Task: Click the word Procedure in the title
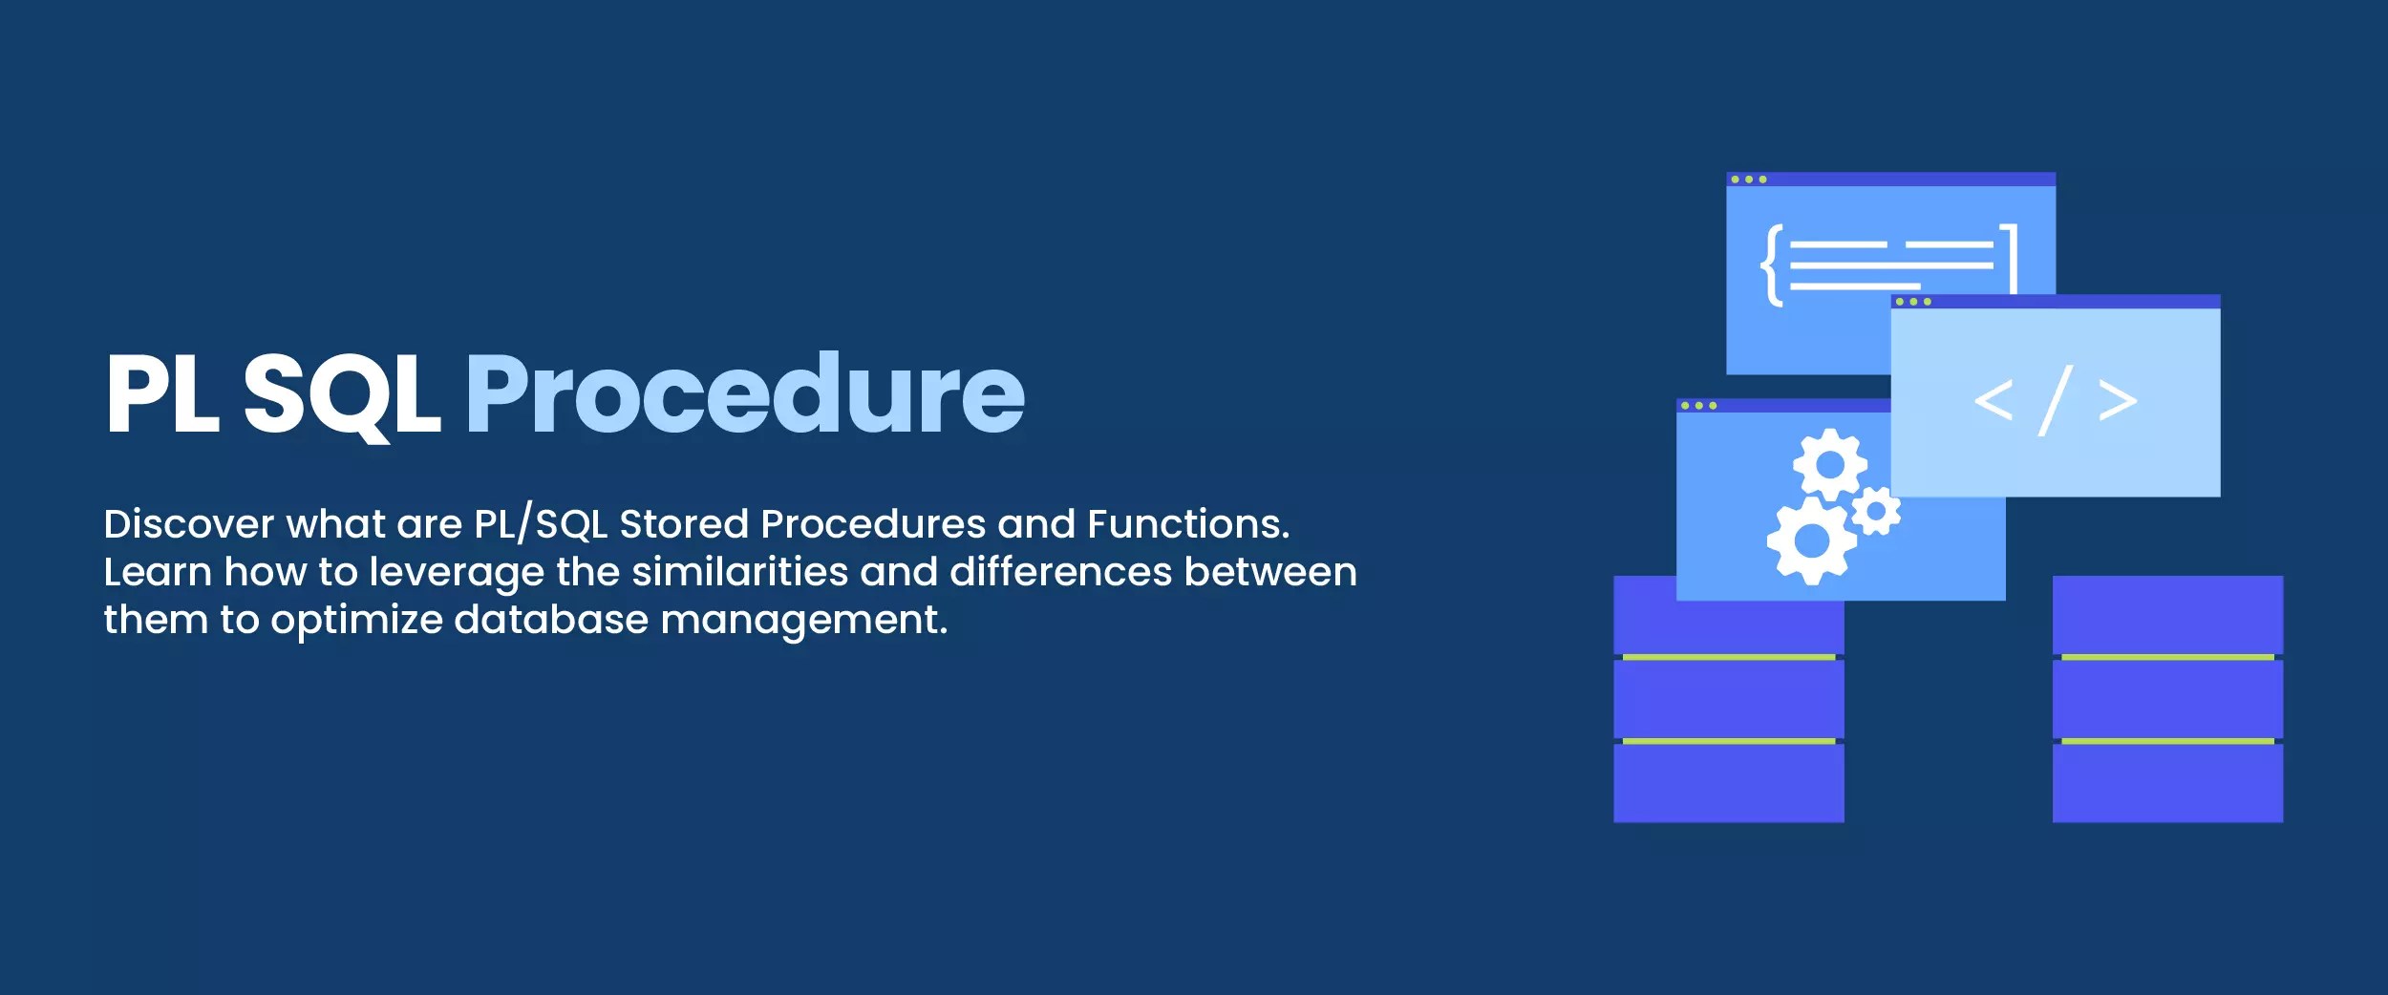click(x=744, y=394)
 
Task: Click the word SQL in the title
click(x=341, y=394)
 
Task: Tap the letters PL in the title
click(x=162, y=394)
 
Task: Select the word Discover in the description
click(x=188, y=524)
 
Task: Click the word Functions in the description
click(x=1187, y=524)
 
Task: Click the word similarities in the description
click(x=739, y=572)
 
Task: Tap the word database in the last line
click(x=550, y=620)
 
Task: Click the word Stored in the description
click(x=684, y=524)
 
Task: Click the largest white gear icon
click(x=1811, y=541)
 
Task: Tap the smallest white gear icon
click(x=1876, y=513)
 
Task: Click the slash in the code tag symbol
click(x=2055, y=400)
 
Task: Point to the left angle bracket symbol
click(x=1994, y=400)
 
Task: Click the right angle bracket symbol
click(x=2118, y=401)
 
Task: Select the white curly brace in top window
click(x=1772, y=265)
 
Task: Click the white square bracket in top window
click(x=2010, y=258)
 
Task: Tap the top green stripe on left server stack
click(x=1728, y=657)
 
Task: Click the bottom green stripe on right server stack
click(x=2167, y=741)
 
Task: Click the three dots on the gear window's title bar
click(x=1698, y=406)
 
